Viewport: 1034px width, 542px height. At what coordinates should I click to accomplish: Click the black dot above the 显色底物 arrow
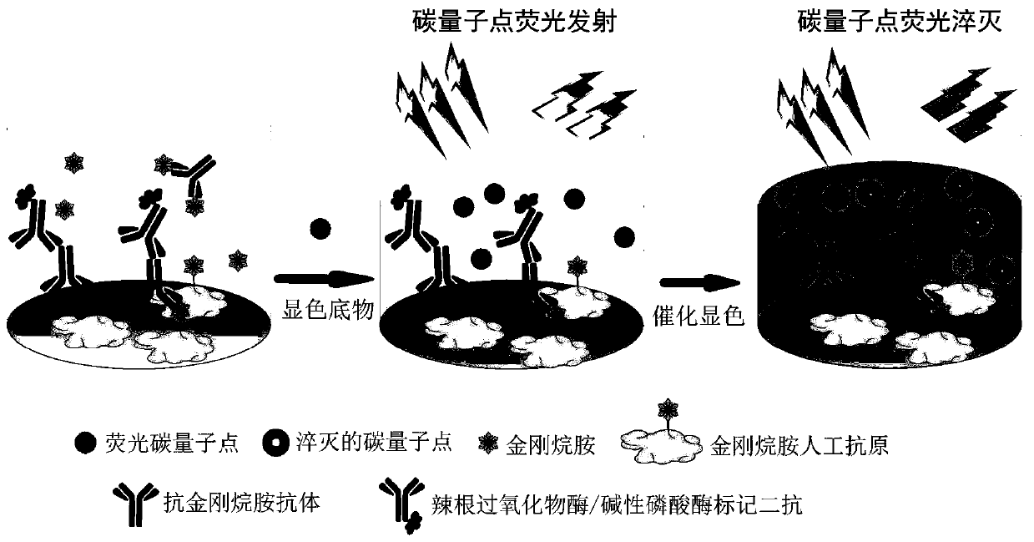click(320, 227)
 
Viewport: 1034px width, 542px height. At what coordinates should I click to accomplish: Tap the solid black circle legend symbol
click(85, 443)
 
